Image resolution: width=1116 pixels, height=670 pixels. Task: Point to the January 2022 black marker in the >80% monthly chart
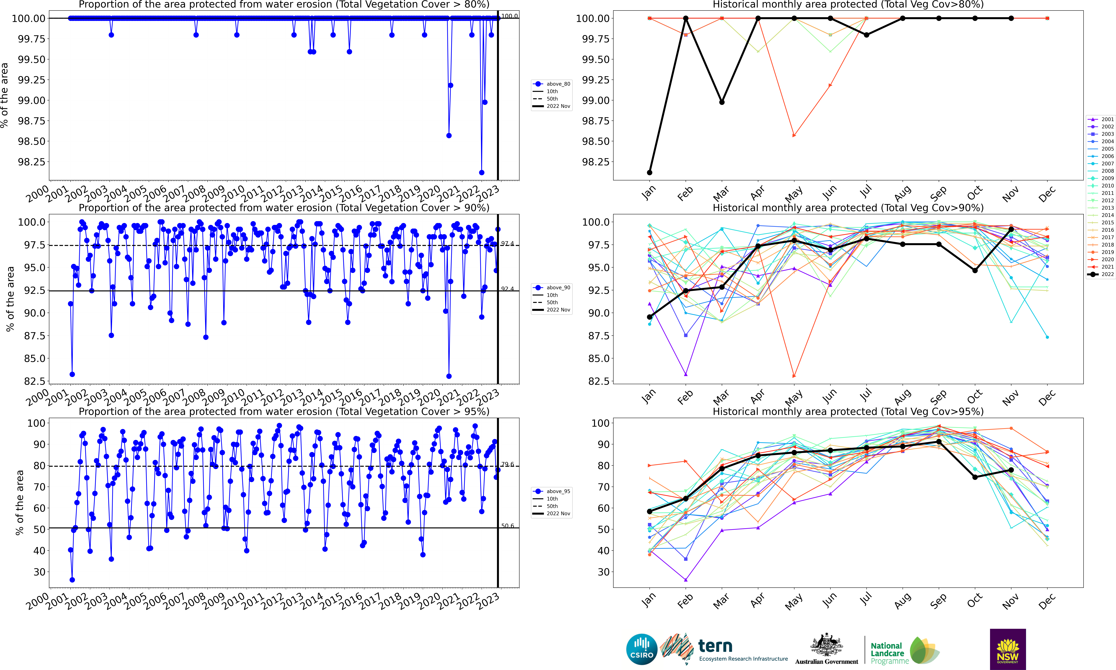(x=649, y=173)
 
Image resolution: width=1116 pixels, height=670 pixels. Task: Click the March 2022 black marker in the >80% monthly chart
(x=722, y=102)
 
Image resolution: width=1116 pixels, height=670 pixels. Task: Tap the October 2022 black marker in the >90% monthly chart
(x=975, y=270)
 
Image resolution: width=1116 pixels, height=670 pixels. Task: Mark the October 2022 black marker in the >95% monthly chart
(x=975, y=477)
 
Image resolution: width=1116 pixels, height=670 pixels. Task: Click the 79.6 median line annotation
(x=507, y=464)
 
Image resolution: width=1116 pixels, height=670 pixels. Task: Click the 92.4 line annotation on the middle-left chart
(x=507, y=289)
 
